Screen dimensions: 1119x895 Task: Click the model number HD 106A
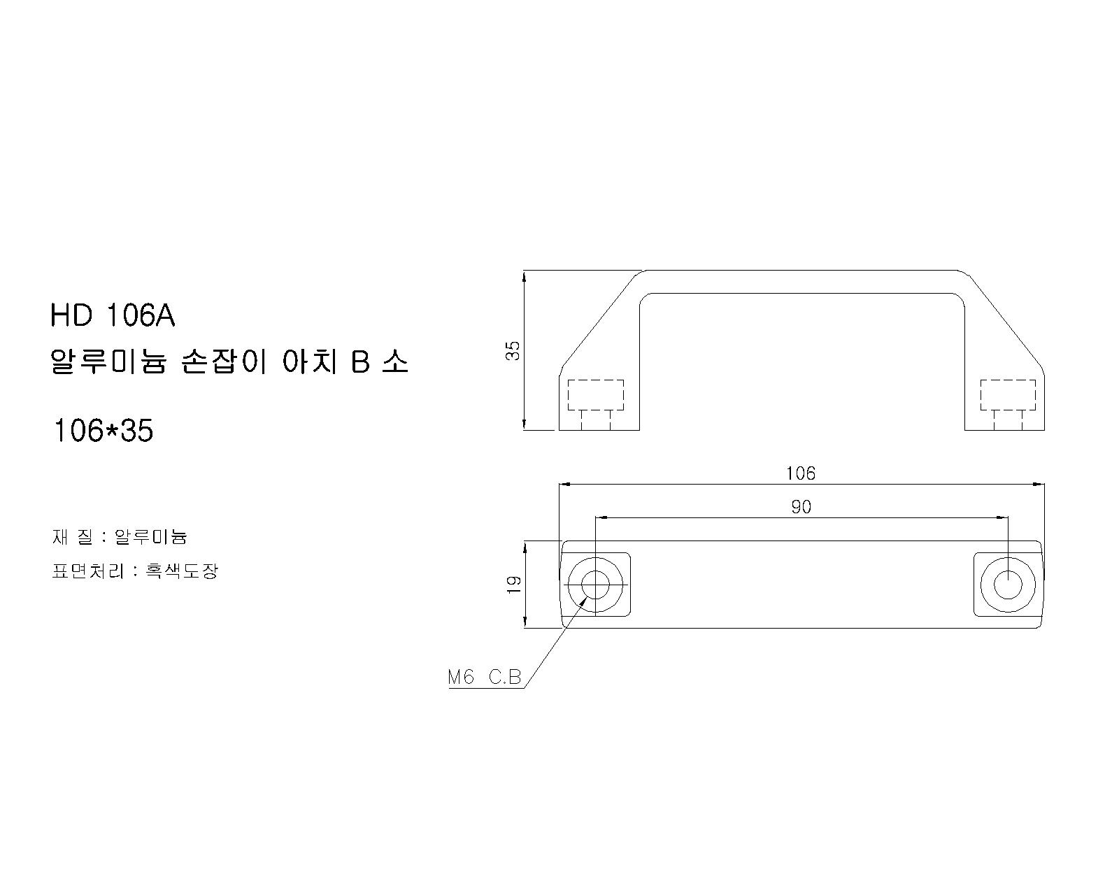(113, 315)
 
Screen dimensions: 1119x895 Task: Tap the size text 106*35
(104, 431)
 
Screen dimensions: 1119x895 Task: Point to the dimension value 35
(513, 350)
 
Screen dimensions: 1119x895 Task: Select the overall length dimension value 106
(801, 473)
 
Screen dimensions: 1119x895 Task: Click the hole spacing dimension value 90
(801, 507)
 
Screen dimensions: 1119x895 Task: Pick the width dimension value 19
(514, 585)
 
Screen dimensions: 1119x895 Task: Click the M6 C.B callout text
(485, 677)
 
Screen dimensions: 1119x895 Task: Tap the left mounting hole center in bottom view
(595, 585)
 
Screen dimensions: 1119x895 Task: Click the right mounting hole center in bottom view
(1008, 585)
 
